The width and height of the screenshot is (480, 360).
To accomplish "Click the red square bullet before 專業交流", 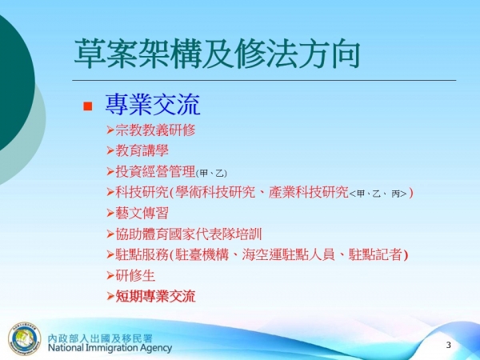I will [89, 106].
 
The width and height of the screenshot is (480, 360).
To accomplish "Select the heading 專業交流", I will [152, 105].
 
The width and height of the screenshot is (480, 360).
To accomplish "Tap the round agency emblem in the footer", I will [24, 338].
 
